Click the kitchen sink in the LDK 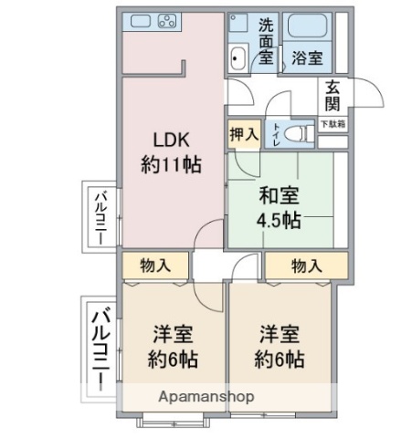tap(139, 20)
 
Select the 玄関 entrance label tap(332, 95)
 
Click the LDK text tap(170, 140)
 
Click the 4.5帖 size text tap(280, 220)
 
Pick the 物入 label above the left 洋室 tap(156, 266)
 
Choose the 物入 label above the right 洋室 tap(307, 266)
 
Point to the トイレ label tap(275, 133)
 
